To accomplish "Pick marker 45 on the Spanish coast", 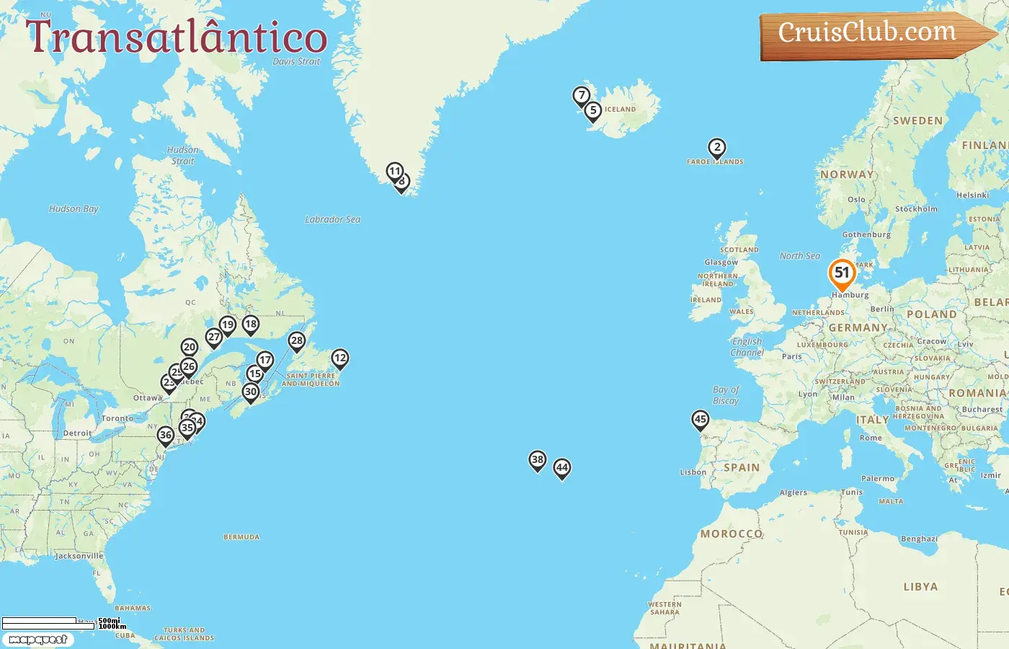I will (x=700, y=420).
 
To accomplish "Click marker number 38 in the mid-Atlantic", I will (x=537, y=460).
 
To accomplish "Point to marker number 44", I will (x=562, y=468).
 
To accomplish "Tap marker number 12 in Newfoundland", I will (x=340, y=358).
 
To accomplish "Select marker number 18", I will (x=250, y=324).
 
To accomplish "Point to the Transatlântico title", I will (x=177, y=37).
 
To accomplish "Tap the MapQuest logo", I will (x=37, y=640).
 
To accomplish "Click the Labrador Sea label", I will (x=332, y=219).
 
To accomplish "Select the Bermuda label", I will (x=241, y=537).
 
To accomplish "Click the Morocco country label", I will (x=732, y=534).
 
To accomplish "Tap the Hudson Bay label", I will (x=74, y=209).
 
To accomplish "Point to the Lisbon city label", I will (x=693, y=472).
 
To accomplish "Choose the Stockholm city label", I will (x=916, y=209).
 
